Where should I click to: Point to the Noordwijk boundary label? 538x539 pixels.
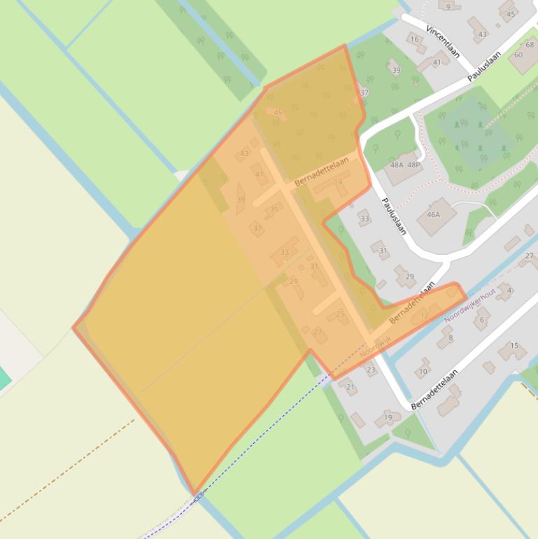(376, 345)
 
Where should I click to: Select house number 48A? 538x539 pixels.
(397, 165)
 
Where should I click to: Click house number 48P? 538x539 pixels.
(414, 165)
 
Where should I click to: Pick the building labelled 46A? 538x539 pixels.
(434, 215)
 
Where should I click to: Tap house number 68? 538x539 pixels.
(530, 45)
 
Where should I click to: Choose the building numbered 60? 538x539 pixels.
(518, 55)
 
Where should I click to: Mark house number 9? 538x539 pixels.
(448, 6)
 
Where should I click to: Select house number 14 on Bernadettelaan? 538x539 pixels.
(339, 183)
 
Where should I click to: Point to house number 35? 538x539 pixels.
(274, 209)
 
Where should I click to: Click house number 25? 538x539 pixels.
(341, 314)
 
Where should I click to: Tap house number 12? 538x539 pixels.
(424, 316)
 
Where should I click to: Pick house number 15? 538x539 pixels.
(514, 346)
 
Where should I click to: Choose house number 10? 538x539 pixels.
(423, 372)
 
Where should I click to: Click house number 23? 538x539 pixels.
(371, 370)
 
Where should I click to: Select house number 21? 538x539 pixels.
(351, 387)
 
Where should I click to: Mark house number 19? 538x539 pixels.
(388, 418)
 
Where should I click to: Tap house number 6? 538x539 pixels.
(481, 320)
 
